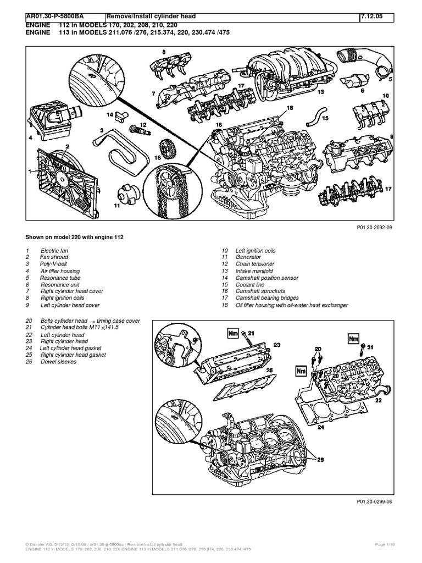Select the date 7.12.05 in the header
tap(373, 17)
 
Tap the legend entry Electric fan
tap(54, 251)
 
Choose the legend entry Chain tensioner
tap(255, 264)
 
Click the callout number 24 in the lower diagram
tap(321, 426)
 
